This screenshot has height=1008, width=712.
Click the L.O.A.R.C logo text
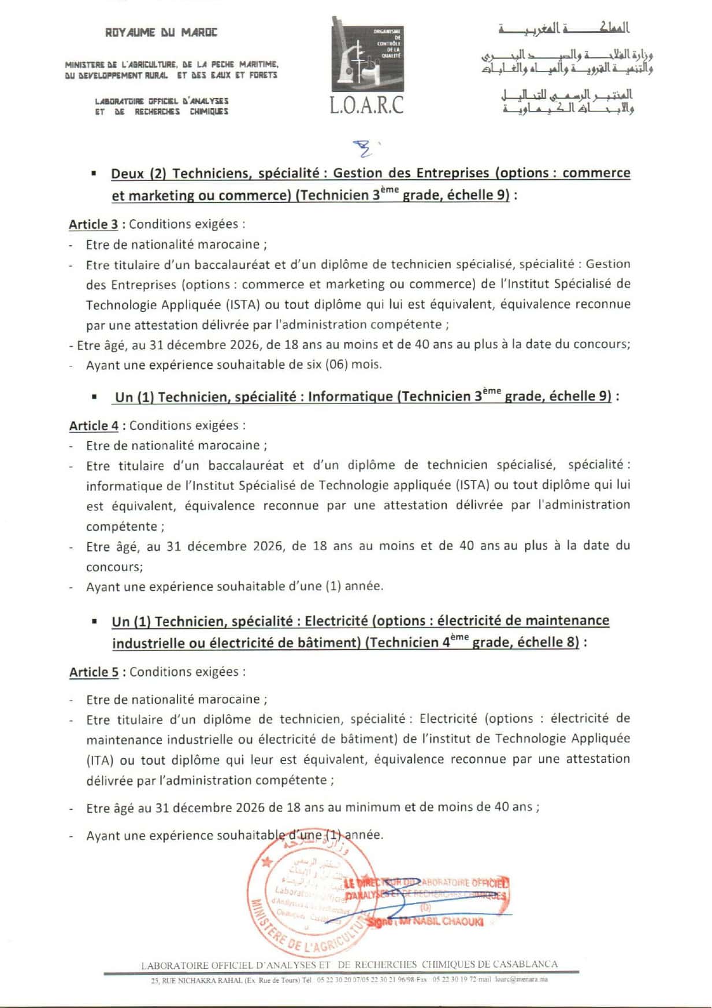click(366, 105)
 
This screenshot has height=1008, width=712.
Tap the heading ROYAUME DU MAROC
click(161, 32)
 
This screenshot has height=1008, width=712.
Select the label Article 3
click(93, 224)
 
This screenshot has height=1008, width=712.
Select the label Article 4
click(94, 426)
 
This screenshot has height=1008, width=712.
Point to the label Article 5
click(94, 672)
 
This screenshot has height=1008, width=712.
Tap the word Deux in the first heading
click(128, 173)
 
